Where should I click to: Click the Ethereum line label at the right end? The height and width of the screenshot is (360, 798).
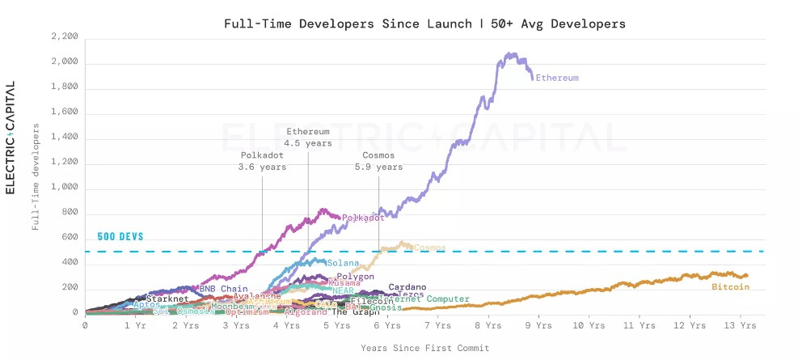(x=558, y=78)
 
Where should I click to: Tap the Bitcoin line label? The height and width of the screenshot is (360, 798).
(x=730, y=286)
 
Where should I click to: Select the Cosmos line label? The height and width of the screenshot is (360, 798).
(x=429, y=248)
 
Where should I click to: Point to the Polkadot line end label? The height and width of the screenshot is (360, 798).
(x=362, y=218)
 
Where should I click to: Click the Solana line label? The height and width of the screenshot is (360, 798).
(x=343, y=263)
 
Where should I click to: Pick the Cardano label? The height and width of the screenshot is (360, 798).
(x=407, y=286)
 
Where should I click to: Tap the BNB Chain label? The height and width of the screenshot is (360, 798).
(x=223, y=289)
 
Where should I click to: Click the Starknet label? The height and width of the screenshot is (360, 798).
(x=167, y=299)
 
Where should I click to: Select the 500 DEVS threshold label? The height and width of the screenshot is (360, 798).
(x=120, y=237)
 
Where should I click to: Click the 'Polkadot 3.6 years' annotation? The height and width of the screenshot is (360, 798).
(x=262, y=161)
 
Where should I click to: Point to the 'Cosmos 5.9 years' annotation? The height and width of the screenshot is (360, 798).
(x=378, y=161)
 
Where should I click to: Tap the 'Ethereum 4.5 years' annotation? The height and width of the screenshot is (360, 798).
(x=307, y=137)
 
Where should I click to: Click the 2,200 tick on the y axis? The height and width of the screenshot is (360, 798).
(x=64, y=37)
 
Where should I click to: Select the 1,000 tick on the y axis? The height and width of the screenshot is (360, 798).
(x=64, y=188)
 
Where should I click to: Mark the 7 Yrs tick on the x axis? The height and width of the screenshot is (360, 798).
(x=438, y=325)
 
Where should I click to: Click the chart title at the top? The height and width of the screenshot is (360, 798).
(x=424, y=23)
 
